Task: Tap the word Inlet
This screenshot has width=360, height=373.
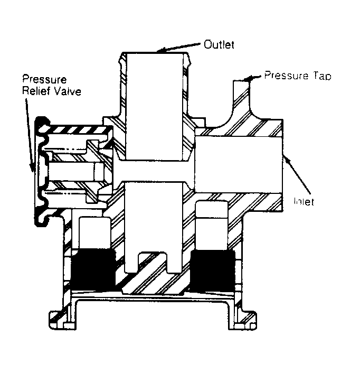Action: coord(304,201)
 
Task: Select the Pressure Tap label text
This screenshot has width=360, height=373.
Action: coord(298,75)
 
